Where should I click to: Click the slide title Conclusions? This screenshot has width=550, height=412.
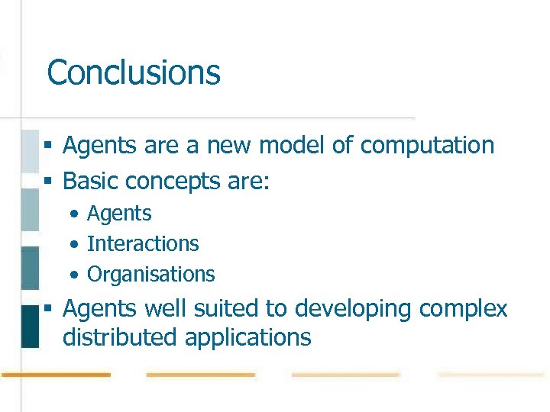[134, 73]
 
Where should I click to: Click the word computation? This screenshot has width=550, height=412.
[427, 145]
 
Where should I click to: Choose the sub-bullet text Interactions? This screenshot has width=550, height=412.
[143, 243]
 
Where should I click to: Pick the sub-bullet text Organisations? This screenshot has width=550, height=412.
[151, 274]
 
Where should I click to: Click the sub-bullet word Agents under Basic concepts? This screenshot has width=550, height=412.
[119, 214]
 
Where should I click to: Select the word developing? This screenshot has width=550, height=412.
[354, 310]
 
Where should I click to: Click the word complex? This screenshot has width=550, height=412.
[464, 310]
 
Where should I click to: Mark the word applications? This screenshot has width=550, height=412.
[248, 338]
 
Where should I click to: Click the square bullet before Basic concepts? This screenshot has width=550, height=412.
[47, 182]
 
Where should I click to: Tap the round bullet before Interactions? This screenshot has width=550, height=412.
[73, 244]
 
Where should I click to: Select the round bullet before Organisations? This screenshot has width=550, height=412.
[73, 275]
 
